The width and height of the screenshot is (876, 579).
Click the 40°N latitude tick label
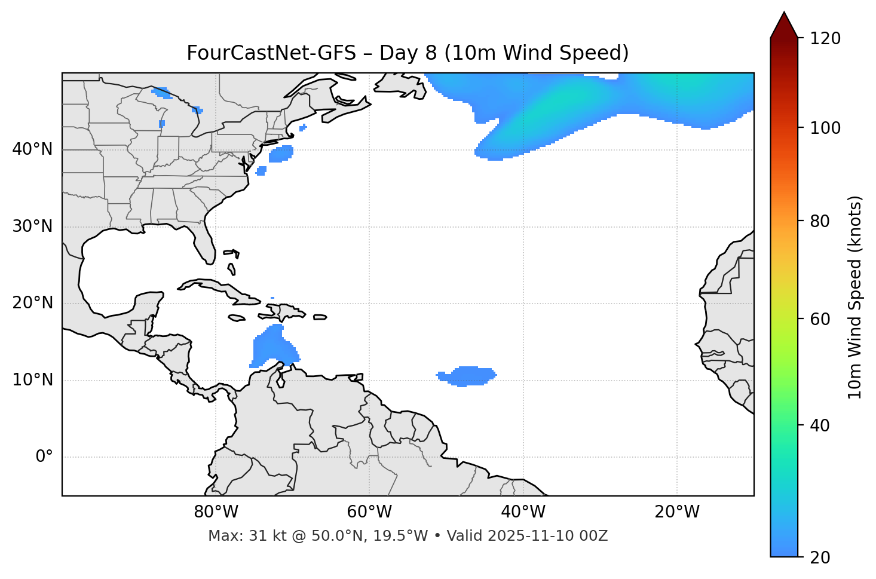click(x=32, y=149)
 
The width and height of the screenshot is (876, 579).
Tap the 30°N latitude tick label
click(x=32, y=226)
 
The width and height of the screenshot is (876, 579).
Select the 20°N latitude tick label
click(x=32, y=303)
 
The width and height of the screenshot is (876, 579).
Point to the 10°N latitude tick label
click(x=32, y=380)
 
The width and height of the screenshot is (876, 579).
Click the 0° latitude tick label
click(x=44, y=457)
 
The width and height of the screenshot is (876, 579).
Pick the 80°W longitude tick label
click(x=216, y=512)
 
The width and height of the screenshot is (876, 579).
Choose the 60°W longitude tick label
click(x=369, y=512)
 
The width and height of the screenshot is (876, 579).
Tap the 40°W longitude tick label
click(x=523, y=512)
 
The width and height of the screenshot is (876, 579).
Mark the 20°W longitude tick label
click(x=677, y=512)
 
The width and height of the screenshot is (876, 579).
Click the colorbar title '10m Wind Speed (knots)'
click(x=855, y=298)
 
